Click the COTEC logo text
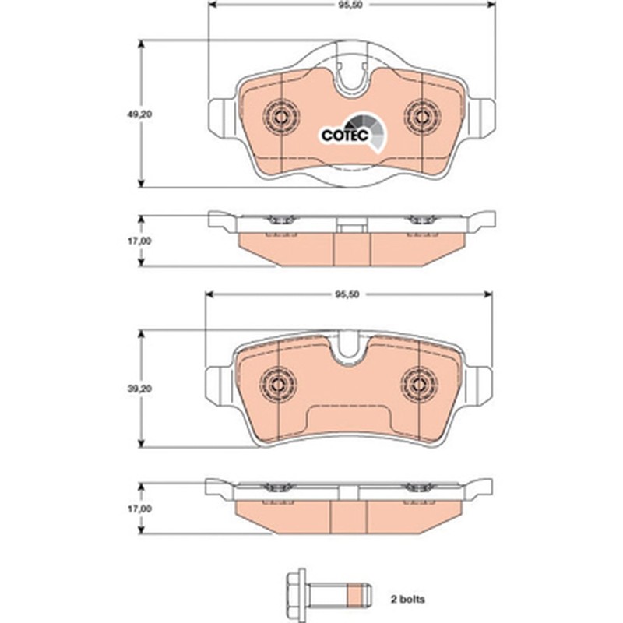click(345, 135)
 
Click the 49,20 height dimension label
click(139, 114)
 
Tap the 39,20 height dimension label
click(139, 389)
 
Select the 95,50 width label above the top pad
click(346, 5)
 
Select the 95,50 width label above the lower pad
click(347, 294)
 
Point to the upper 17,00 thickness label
click(139, 241)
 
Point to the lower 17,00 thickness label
click(139, 509)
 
